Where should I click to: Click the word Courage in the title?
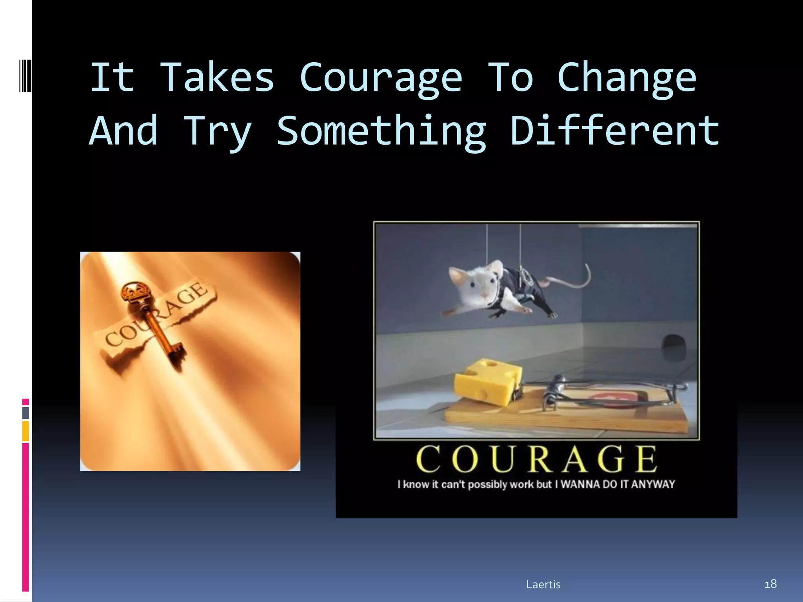point(381,78)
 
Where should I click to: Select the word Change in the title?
point(627,78)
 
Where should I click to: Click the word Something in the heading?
point(382,132)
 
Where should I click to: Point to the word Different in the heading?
point(615,131)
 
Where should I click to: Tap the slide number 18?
point(770,584)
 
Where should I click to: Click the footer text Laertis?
point(543,584)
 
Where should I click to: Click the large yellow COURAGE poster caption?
point(536,459)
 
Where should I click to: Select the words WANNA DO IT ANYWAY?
point(618,484)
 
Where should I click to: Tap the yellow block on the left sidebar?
point(25,431)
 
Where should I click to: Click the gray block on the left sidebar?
point(25,413)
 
